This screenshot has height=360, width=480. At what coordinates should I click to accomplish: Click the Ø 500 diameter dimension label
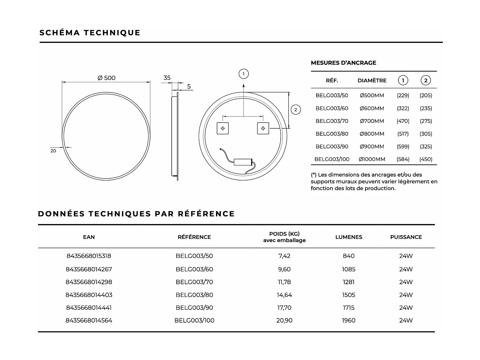[x=106, y=78]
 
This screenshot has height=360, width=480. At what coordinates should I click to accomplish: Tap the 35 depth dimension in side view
[x=167, y=78]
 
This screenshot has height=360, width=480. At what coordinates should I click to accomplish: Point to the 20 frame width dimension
[x=53, y=151]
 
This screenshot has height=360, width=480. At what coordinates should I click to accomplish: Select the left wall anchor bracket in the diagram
[x=223, y=128]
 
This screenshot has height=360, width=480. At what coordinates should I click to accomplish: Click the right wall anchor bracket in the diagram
[x=263, y=128]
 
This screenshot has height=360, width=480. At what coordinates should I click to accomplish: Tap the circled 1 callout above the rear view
[x=244, y=74]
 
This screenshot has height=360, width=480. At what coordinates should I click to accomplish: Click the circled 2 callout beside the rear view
[x=296, y=110]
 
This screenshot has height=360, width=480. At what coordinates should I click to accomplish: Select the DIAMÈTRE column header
[x=372, y=81]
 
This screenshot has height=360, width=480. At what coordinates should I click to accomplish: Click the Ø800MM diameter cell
[x=372, y=134]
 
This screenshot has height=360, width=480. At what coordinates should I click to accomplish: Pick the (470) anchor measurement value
[x=403, y=121]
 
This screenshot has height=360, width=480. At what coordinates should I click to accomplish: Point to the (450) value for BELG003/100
[x=426, y=159]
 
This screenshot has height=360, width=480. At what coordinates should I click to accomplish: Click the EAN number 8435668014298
[x=89, y=282]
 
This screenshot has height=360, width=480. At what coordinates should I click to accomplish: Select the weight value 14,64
[x=284, y=295]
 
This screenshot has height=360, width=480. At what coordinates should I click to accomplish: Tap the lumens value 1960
[x=348, y=320]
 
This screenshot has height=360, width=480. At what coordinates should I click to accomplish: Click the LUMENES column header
[x=348, y=237]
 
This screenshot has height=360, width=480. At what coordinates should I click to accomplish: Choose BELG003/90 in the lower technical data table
[x=194, y=308]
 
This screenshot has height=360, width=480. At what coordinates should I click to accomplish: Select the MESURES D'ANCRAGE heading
[x=343, y=63]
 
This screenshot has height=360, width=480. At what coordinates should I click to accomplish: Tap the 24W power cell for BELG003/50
[x=406, y=256]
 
